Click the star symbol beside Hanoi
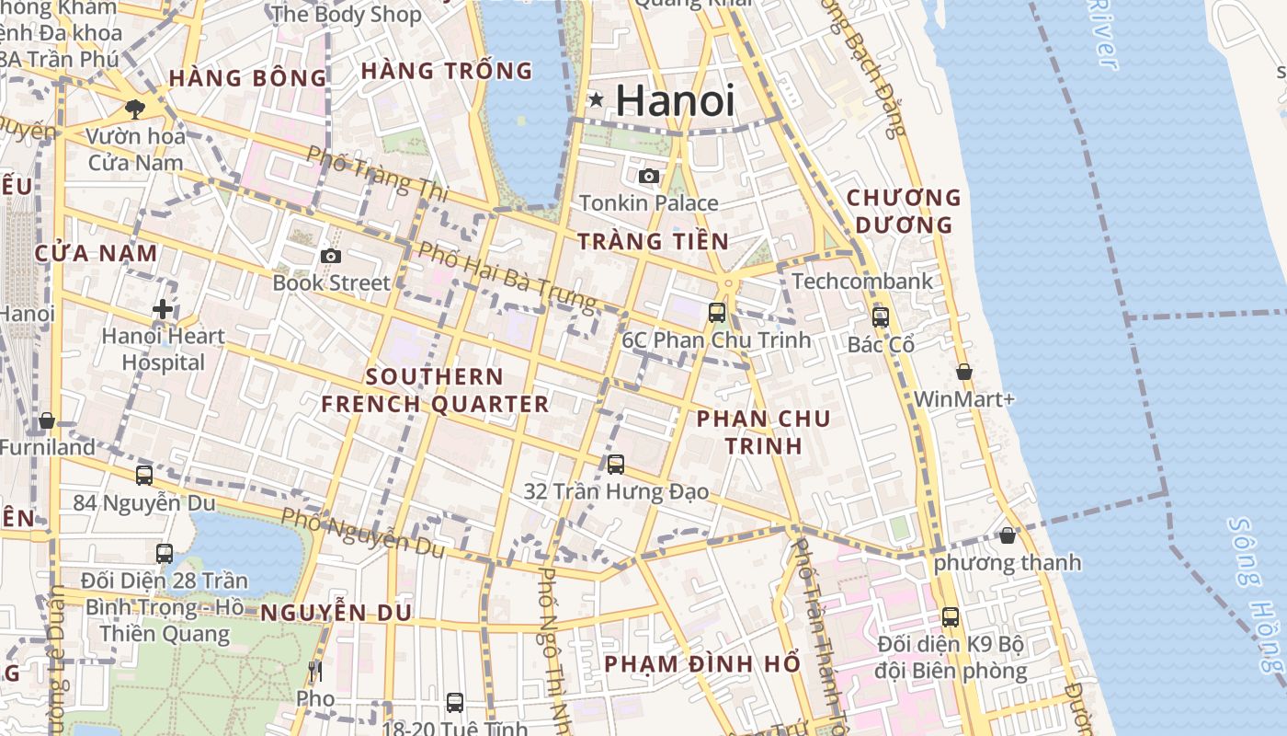[x=597, y=99]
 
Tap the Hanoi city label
[x=676, y=100]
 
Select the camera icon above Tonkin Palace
[x=649, y=176]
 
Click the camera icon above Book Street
[x=331, y=256]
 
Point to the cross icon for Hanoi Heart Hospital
[x=163, y=309]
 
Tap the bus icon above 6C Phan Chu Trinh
[x=717, y=313]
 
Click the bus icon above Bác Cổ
[x=881, y=317]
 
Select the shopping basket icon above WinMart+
[x=964, y=372]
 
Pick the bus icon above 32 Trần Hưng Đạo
[x=616, y=465]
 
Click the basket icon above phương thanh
[x=1008, y=535]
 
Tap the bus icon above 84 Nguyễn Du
[x=144, y=476]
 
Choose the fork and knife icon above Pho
[x=315, y=672]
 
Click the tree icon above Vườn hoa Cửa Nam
[x=135, y=109]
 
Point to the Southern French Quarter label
[x=435, y=390]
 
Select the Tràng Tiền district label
[x=653, y=242]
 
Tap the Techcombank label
[x=861, y=282]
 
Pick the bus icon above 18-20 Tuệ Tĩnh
[x=455, y=704]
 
